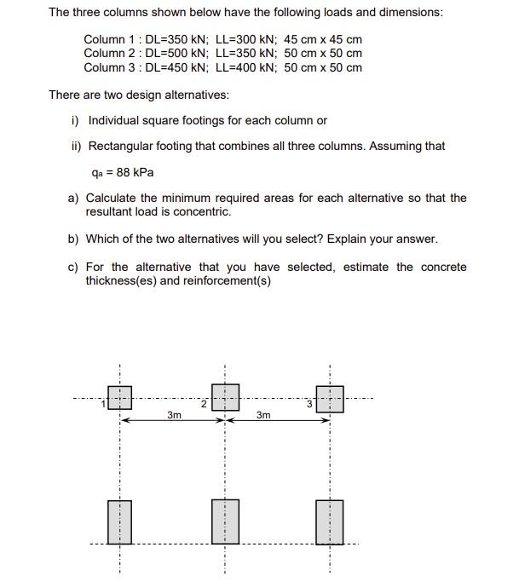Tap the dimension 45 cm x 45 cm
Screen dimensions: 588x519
(x=323, y=40)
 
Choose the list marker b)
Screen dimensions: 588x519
(x=74, y=239)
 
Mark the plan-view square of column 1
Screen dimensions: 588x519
(x=120, y=398)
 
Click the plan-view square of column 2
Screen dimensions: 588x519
(x=225, y=397)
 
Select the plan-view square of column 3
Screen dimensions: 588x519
(x=330, y=398)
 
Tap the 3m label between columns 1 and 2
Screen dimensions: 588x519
(x=174, y=415)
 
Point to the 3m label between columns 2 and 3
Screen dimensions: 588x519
(x=263, y=415)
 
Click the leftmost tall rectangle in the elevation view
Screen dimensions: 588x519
(x=120, y=522)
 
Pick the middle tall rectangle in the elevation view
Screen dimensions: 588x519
(x=225, y=522)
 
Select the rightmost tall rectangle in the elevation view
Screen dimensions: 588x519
(x=330, y=522)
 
